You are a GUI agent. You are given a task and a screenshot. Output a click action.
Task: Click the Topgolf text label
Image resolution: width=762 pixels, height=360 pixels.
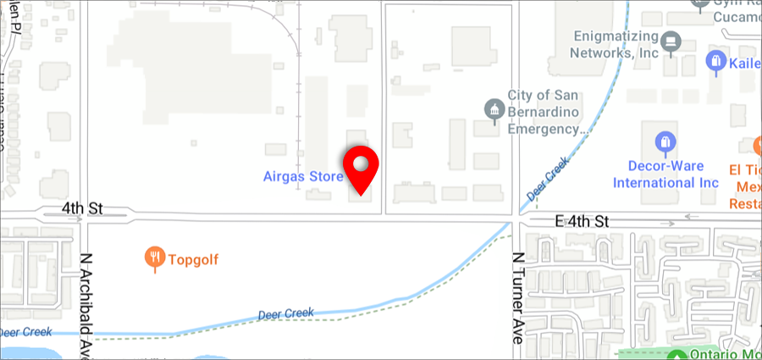pos(194,260)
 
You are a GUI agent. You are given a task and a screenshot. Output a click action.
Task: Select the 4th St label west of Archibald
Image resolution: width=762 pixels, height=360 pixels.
pos(82,207)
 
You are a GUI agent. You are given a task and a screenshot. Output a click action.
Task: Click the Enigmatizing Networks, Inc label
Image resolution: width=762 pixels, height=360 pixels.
pos(616,44)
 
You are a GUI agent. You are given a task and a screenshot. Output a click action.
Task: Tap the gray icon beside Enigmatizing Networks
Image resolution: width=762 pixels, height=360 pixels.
pos(672,40)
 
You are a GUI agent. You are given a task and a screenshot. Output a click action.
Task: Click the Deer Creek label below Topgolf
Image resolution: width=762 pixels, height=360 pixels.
pos(285,314)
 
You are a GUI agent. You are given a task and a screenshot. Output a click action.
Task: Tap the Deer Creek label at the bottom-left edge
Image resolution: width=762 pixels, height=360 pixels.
pos(26,331)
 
